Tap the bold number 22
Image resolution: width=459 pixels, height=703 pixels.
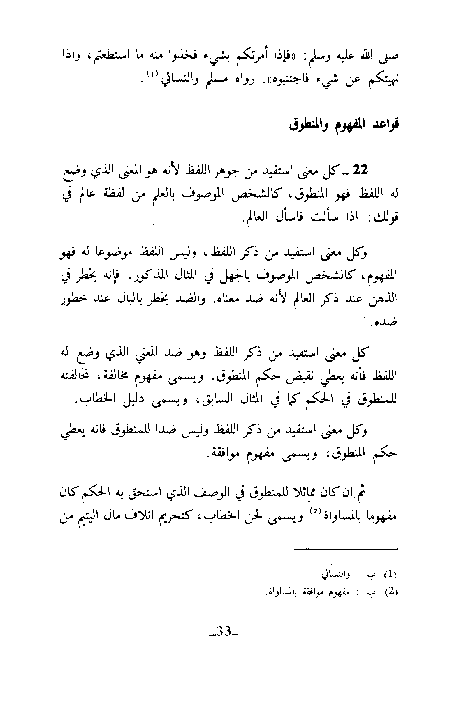[x=360, y=170]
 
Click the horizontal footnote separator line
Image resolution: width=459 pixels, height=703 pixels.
[x=346, y=549]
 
